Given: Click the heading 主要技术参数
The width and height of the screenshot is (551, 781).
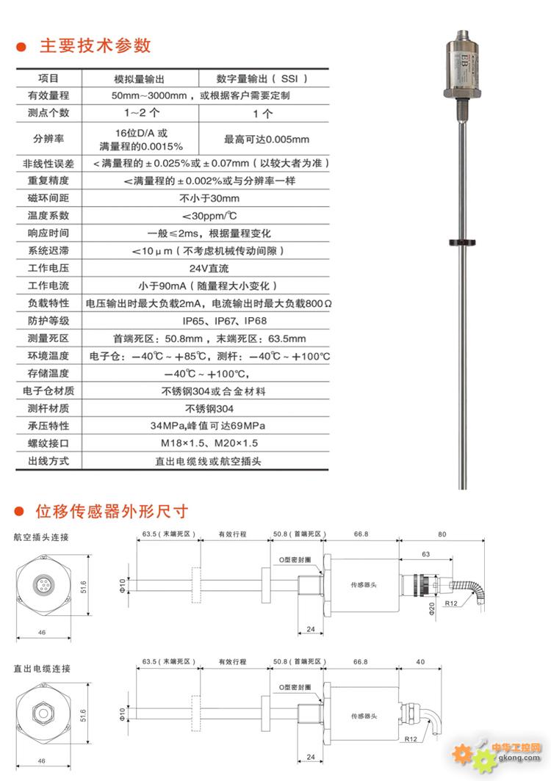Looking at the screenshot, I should pos(95,46).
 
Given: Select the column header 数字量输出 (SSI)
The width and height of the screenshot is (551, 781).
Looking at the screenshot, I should pos(262,79).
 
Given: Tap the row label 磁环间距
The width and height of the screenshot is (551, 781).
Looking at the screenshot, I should pos(48,198).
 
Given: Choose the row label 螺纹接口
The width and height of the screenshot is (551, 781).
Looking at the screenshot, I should pos(48,443).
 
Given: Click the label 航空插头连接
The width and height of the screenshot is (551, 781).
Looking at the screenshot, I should pos(42,537).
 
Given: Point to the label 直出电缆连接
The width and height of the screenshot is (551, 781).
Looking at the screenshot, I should pos(42,669).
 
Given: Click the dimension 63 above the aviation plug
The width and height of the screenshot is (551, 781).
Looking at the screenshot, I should pos(425,555).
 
